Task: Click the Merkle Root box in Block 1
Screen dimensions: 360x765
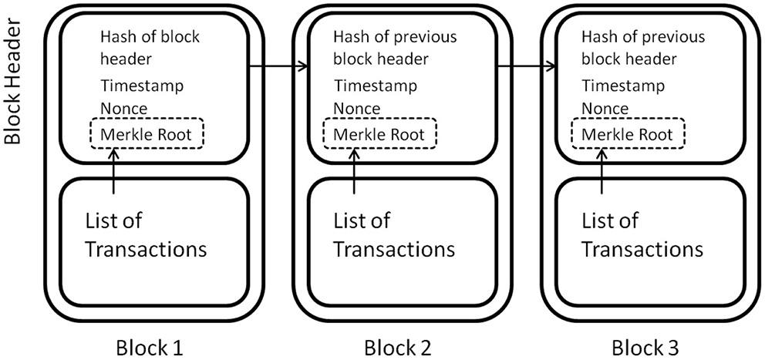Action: pyautogui.click(x=147, y=134)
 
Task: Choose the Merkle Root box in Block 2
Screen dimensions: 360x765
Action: pyautogui.click(x=379, y=134)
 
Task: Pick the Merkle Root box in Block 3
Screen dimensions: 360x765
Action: pyautogui.click(x=628, y=134)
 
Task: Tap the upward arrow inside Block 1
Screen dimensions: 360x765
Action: pyautogui.click(x=114, y=170)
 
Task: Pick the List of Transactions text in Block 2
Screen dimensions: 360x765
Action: pyautogui.click(x=393, y=235)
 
